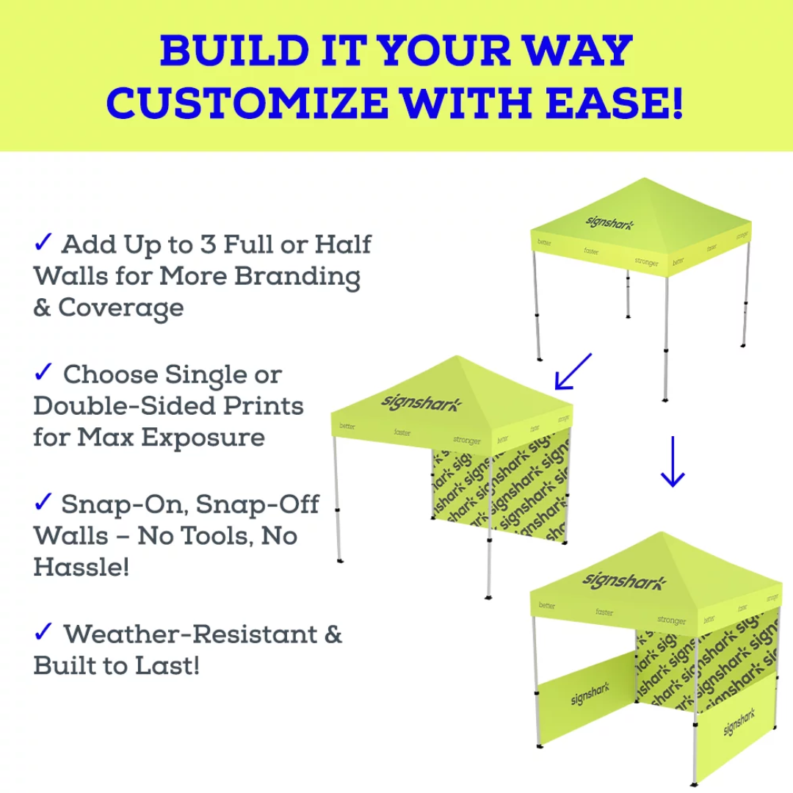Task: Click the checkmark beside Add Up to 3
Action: pos(43,242)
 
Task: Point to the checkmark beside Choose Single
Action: pos(43,372)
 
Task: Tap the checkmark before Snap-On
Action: pos(43,502)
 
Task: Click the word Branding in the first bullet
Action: pos(297,276)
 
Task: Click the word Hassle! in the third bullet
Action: pos(81,567)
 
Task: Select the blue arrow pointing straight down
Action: pos(672,463)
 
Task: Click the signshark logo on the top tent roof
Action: pos(609,221)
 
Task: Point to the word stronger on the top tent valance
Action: pos(647,262)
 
